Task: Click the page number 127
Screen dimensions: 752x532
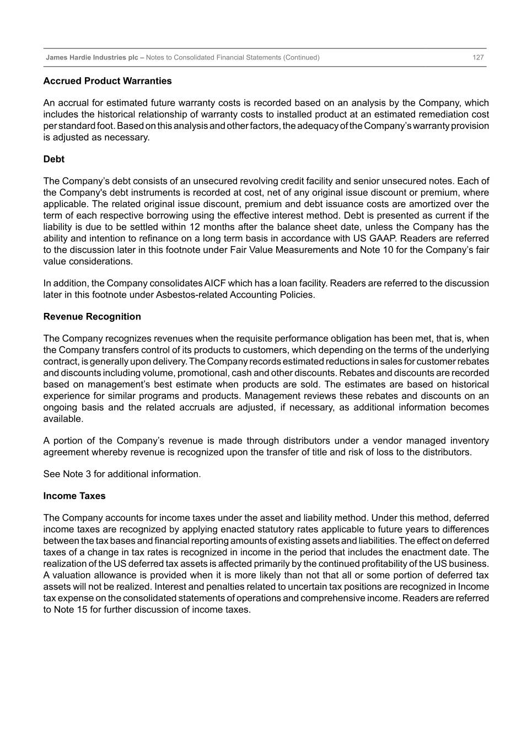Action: [x=478, y=57]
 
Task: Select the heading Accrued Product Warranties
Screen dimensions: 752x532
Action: [x=108, y=81]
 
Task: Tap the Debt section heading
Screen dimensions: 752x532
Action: [x=54, y=159]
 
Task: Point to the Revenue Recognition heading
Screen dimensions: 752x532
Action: [x=92, y=317]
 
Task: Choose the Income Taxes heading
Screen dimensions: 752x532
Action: [x=74, y=496]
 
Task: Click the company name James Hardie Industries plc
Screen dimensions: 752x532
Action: [x=92, y=57]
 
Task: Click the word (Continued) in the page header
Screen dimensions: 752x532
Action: [x=301, y=57]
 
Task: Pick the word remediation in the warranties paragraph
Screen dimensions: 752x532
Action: [x=426, y=115]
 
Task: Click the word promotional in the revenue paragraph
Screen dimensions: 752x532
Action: [x=189, y=373]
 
